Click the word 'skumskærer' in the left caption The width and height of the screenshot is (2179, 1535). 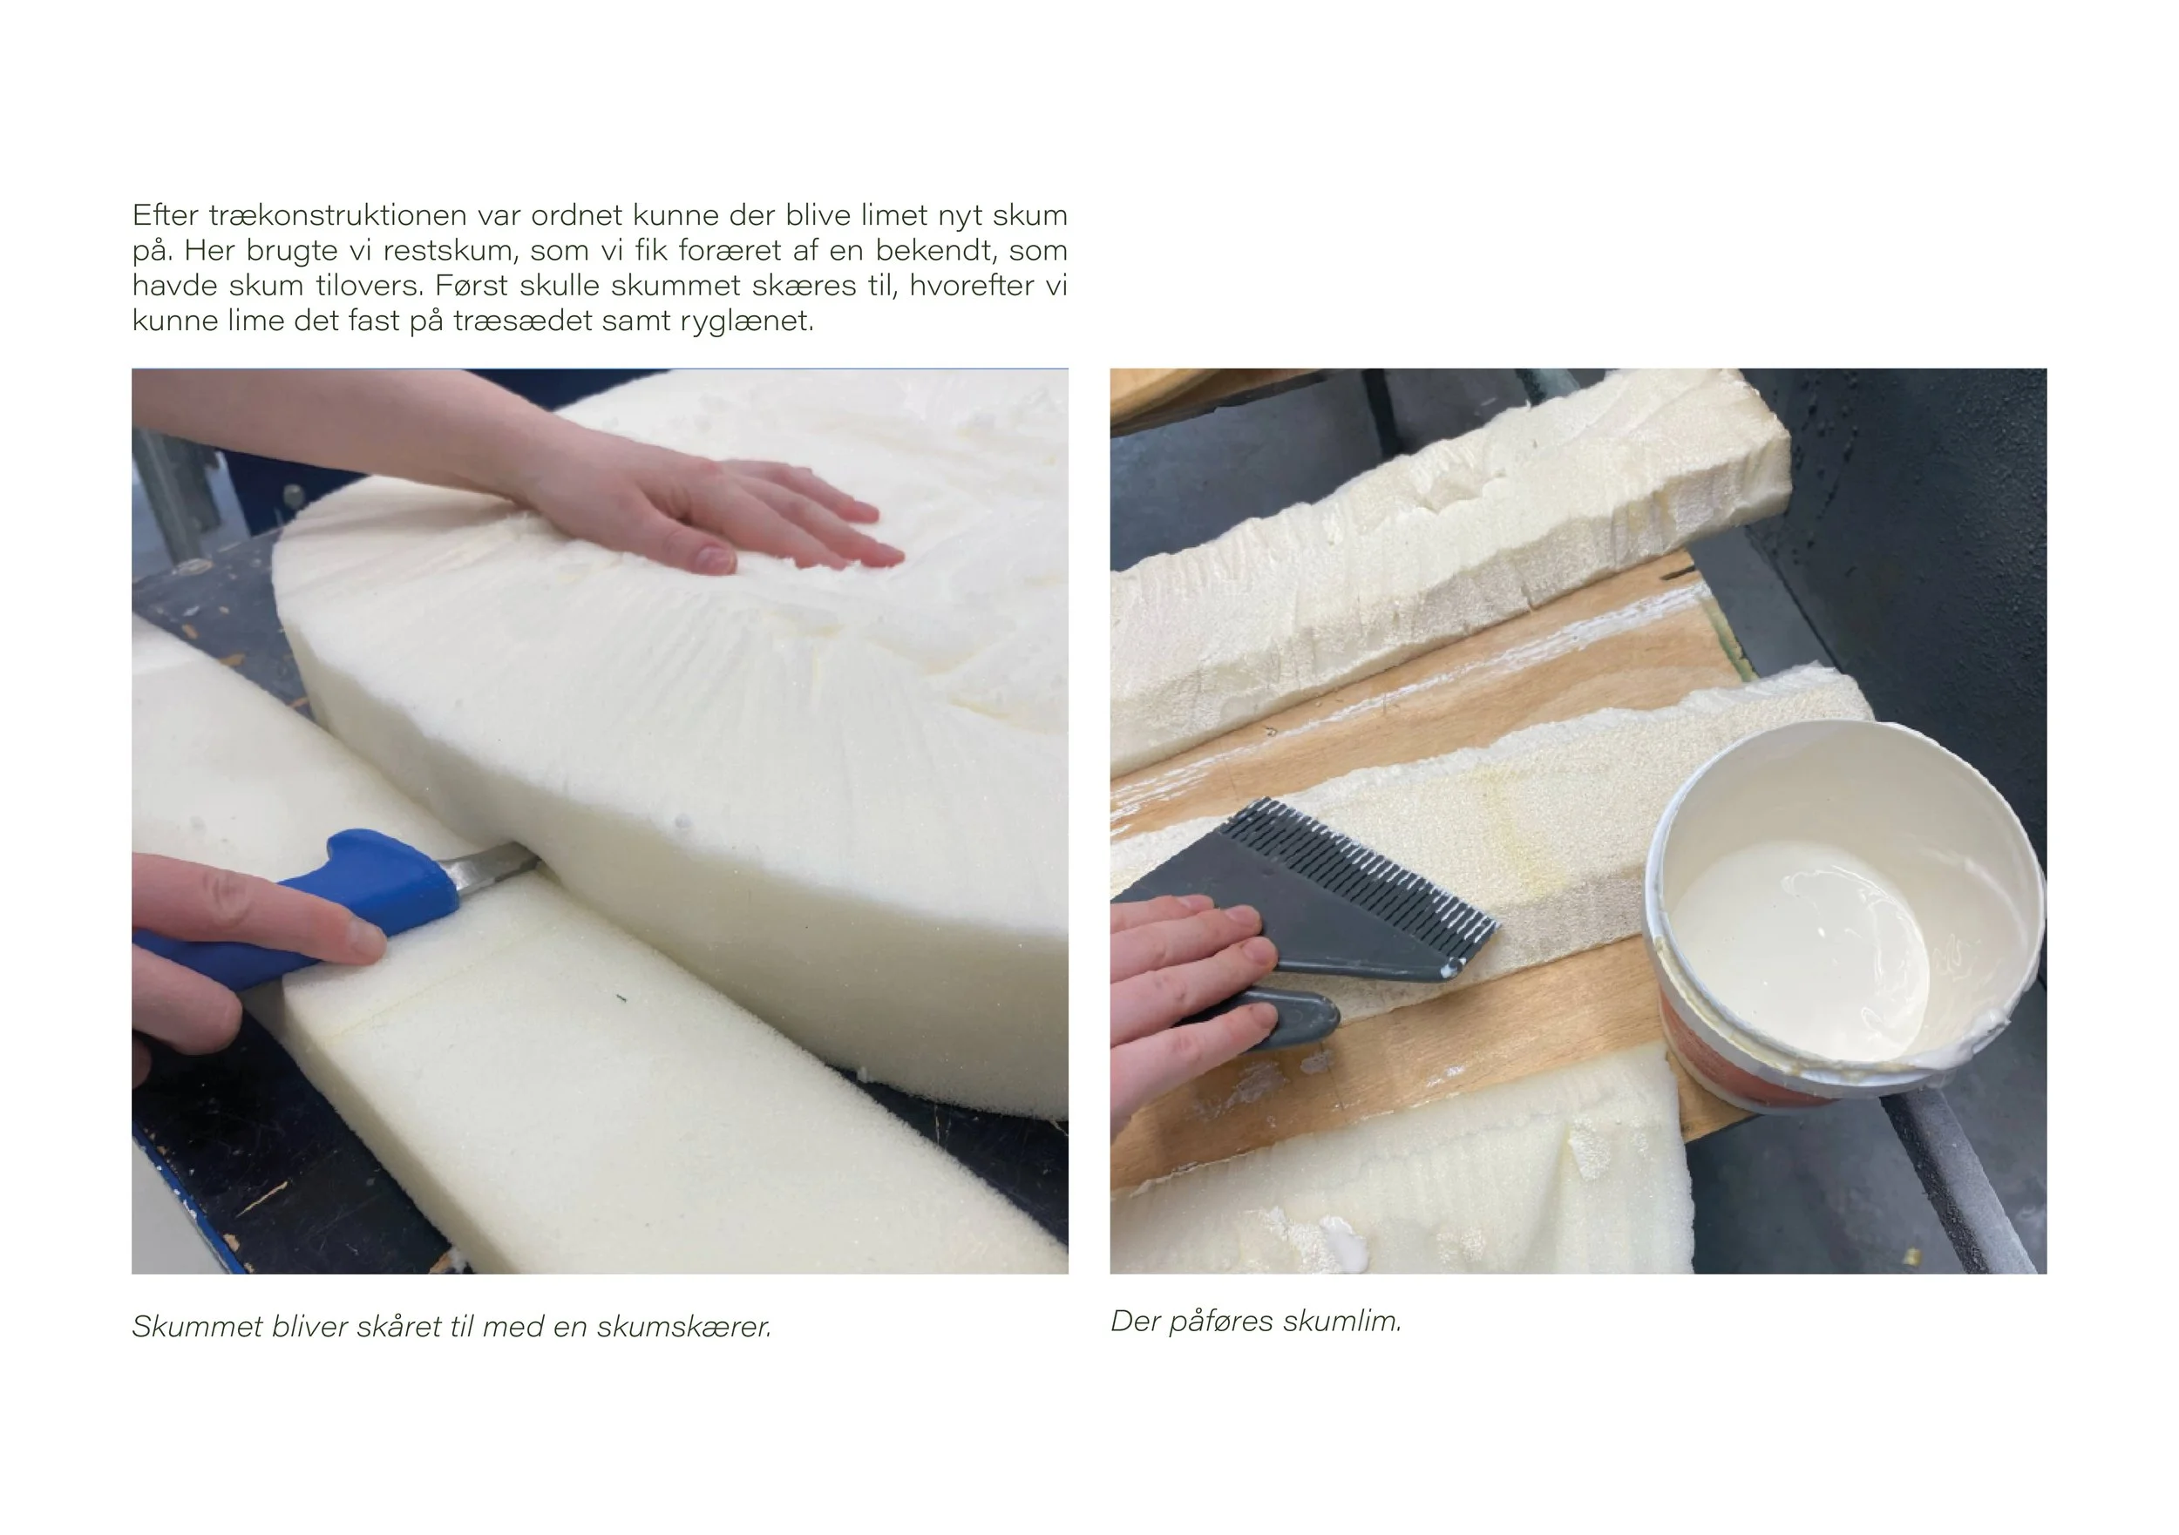tap(683, 1326)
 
